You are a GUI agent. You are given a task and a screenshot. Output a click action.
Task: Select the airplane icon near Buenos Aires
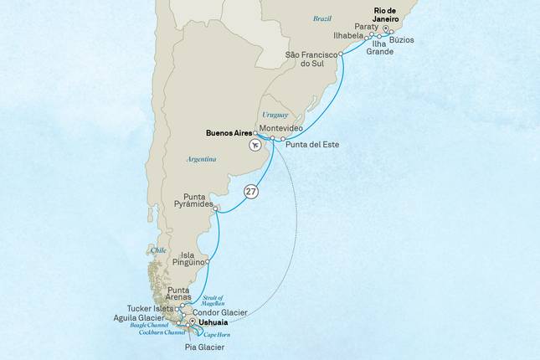(x=255, y=145)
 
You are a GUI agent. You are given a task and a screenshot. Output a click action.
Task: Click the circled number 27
(x=250, y=192)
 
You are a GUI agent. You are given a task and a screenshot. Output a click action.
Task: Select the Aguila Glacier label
(x=140, y=318)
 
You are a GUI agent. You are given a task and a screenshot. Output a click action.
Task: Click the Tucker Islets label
(x=149, y=307)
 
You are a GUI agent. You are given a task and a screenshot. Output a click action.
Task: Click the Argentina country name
(x=202, y=158)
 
